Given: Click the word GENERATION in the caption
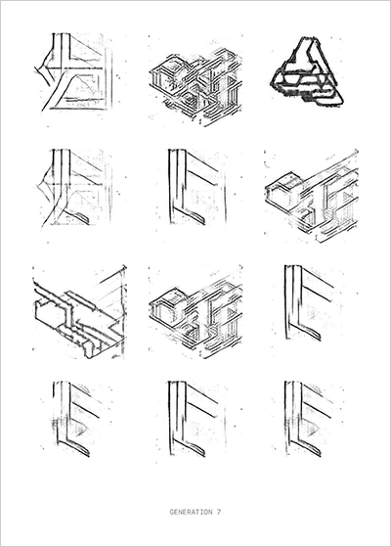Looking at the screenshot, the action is [191, 512].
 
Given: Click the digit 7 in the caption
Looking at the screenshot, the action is [219, 512].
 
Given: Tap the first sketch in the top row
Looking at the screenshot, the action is [74, 72].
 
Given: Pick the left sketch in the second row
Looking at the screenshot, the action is [73, 188].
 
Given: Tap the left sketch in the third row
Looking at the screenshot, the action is [79, 312].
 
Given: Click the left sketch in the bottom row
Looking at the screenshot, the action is [76, 419].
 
